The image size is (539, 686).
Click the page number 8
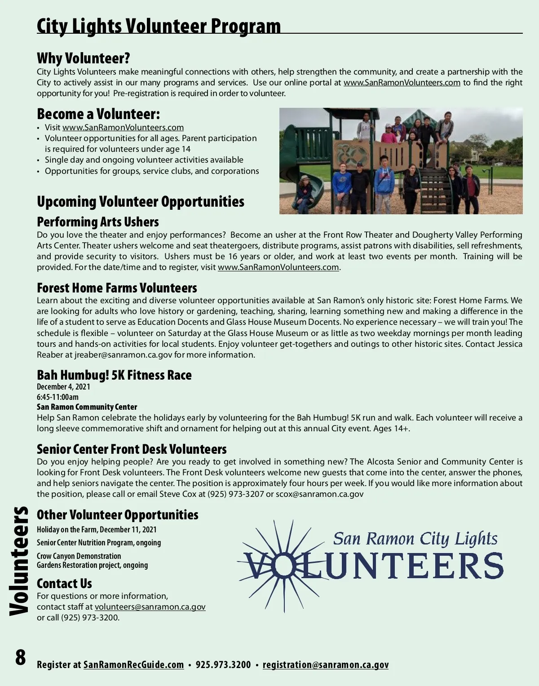click(21, 657)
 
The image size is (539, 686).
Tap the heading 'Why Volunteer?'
click(83, 58)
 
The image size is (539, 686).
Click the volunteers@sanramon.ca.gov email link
click(150, 607)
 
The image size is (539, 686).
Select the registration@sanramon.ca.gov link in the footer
click(325, 665)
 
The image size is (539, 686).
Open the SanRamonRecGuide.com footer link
click(133, 665)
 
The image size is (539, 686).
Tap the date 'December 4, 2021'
click(63, 387)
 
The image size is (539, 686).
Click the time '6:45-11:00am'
click(57, 397)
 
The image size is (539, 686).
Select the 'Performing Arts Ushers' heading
click(98, 222)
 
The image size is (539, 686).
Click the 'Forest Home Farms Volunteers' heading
click(117, 288)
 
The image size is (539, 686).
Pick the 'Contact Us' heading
click(64, 584)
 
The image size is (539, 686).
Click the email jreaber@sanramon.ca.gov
click(123, 355)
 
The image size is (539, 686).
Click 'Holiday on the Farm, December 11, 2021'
click(97, 530)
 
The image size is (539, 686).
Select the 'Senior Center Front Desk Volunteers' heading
click(132, 449)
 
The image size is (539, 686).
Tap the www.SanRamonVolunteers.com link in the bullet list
click(123, 128)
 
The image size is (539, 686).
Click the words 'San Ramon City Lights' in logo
click(415, 538)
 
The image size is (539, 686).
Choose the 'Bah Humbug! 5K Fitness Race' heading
click(114, 375)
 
